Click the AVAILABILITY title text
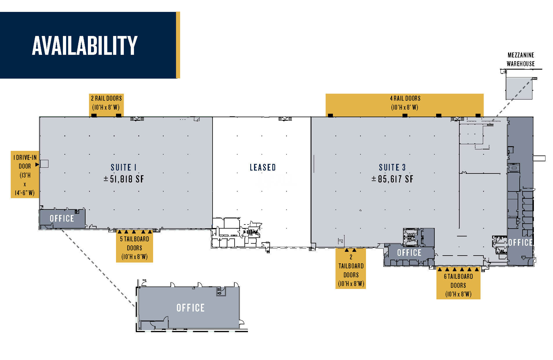(85, 46)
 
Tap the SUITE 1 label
(124, 167)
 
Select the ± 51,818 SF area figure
(124, 179)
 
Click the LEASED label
(263, 167)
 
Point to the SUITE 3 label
(392, 167)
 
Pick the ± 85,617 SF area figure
(392, 179)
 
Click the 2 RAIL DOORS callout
(106, 103)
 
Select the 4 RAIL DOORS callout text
(405, 103)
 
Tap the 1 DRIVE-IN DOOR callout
(25, 175)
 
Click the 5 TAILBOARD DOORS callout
(135, 248)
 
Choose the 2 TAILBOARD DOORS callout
(351, 270)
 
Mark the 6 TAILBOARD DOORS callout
(458, 285)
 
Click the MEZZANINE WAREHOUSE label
(521, 59)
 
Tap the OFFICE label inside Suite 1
(62, 218)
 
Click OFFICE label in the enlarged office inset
(191, 308)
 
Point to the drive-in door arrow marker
(37, 164)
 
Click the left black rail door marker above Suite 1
(94, 115)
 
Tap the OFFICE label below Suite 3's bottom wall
(409, 253)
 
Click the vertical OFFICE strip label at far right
(521, 243)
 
